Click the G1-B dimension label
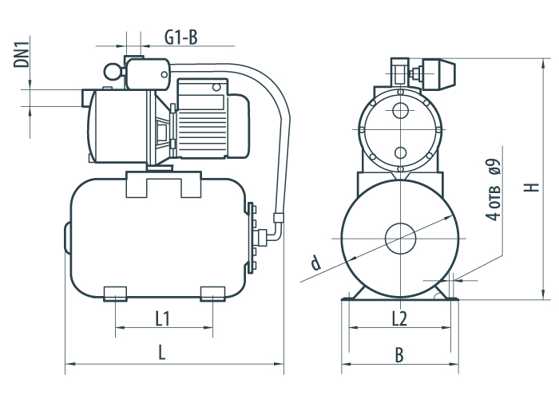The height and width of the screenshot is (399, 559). pos(180,38)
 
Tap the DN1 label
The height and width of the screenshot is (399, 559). pos(22,54)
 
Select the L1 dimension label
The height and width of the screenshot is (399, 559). pos(163,318)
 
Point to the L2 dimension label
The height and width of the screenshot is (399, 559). pos(399,318)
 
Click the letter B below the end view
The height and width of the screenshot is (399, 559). pos(399,355)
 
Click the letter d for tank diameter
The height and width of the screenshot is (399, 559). pos(316,263)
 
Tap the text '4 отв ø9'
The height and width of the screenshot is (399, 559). pos(494,190)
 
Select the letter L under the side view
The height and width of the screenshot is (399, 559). pos(162,353)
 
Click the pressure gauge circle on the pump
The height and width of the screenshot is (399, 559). pos(113,72)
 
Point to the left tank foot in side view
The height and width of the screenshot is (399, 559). pos(115,294)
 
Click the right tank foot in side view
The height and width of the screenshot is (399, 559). pos(213,294)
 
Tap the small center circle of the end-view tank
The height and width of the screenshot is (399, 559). pos(400,239)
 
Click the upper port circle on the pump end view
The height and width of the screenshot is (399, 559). pos(400,110)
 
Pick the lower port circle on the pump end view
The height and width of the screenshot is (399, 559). pos(400,153)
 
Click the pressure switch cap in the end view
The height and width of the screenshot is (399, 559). pos(438,74)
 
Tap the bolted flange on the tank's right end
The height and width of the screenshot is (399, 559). pos(251,238)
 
